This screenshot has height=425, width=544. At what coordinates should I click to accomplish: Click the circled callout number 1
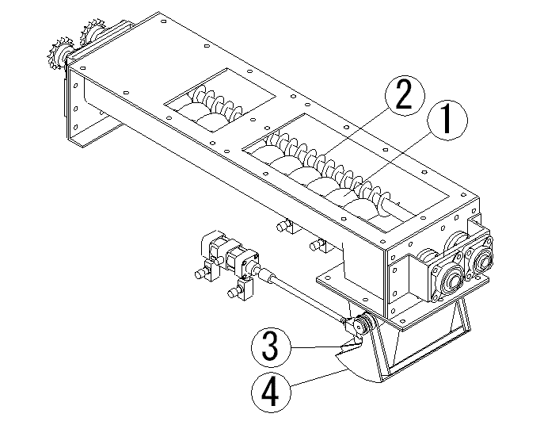point(447,121)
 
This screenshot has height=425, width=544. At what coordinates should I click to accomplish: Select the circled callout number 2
point(405,95)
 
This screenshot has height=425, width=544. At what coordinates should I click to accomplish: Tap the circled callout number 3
point(272,347)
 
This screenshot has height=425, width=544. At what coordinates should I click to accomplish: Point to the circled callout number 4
point(272,392)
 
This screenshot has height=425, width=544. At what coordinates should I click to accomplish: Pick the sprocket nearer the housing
point(92,33)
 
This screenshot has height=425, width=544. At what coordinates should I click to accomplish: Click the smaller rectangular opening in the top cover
point(219,101)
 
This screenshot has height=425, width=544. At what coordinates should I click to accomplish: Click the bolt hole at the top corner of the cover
point(163,21)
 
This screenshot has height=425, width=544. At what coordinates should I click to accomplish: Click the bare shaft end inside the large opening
point(404,208)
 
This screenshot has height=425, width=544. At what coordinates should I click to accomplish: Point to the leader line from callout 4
point(320,377)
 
